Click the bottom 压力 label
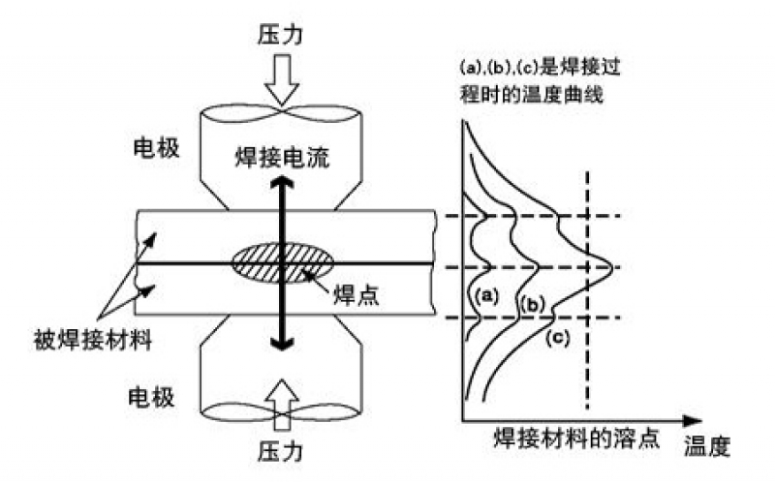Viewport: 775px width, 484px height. tap(282, 450)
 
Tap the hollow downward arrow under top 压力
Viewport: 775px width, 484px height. tap(282, 86)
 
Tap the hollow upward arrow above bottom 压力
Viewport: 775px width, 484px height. tap(282, 398)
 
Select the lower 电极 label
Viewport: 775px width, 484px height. tap(155, 398)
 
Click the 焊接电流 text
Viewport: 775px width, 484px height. tap(282, 156)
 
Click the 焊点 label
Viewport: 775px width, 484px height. tap(353, 295)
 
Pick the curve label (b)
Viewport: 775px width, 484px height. tap(534, 305)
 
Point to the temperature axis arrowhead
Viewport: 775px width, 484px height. tap(691, 420)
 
